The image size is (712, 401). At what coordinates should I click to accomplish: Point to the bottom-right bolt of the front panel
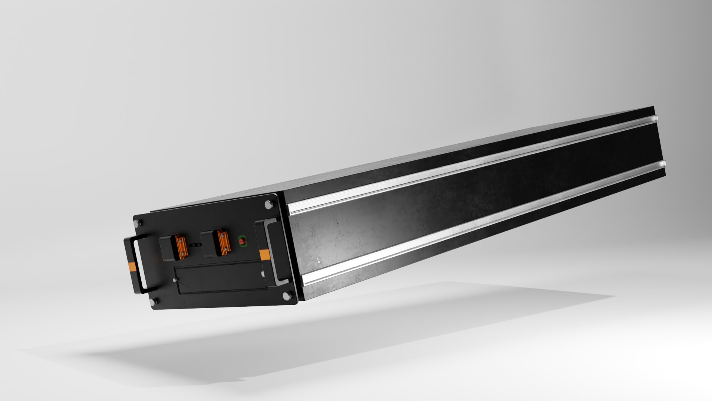tap(286, 296)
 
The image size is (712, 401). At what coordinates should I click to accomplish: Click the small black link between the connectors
tap(195, 245)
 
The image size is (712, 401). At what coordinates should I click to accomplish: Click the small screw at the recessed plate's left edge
tap(174, 280)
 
